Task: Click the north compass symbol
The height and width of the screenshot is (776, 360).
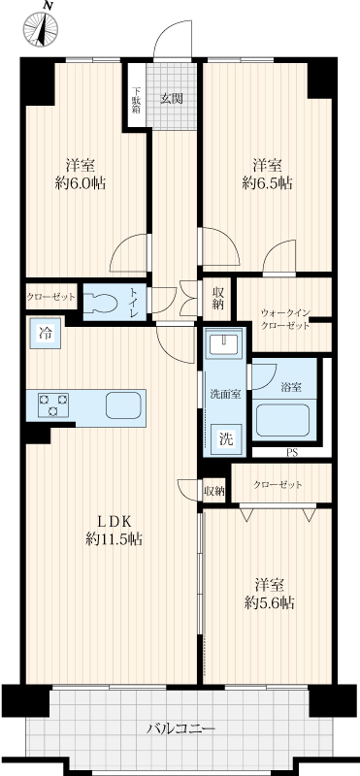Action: [41, 29]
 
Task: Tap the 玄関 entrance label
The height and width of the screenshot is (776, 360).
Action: [172, 98]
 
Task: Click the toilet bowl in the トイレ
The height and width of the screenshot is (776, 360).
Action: [101, 303]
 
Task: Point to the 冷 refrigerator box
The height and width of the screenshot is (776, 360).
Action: [45, 334]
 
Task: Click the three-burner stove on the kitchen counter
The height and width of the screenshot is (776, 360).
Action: [53, 404]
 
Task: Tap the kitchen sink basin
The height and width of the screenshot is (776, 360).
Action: [123, 405]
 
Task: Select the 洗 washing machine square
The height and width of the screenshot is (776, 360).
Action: [226, 438]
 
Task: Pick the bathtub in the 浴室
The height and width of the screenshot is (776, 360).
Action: [282, 420]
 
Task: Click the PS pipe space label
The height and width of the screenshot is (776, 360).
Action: [292, 452]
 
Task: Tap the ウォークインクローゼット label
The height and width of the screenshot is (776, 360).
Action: [285, 319]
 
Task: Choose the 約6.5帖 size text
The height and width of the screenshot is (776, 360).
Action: [267, 183]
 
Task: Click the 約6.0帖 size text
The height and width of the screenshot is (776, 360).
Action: [80, 183]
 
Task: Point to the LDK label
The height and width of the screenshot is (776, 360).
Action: [113, 521]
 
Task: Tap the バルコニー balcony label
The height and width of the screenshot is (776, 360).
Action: [180, 728]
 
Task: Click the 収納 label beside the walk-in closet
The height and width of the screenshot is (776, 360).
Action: [218, 299]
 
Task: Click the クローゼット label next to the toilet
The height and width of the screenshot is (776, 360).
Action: [51, 297]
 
